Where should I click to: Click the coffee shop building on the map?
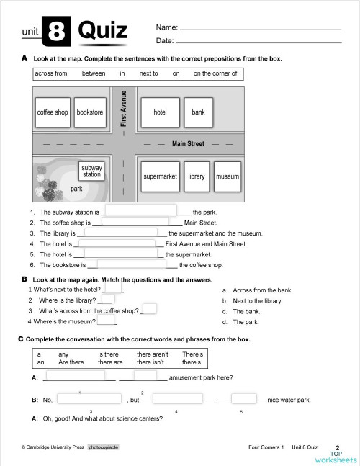[x=53, y=112]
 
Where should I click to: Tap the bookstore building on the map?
[x=90, y=112]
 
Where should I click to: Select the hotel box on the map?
[x=160, y=112]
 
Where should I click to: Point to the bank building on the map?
[x=198, y=112]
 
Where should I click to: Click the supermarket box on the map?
[x=160, y=176]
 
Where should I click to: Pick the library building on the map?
[x=197, y=176]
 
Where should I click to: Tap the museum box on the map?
[x=228, y=176]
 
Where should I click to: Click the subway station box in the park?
[x=91, y=171]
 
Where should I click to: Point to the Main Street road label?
[x=188, y=144]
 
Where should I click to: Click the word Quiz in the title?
[x=102, y=31]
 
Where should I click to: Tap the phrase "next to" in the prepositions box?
[x=148, y=73]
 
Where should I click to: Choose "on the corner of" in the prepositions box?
[x=215, y=73]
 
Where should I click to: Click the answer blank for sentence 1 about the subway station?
[x=141, y=210]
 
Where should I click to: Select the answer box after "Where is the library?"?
[x=108, y=299]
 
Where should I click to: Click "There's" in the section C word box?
[x=192, y=354]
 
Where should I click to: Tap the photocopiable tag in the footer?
[x=103, y=447]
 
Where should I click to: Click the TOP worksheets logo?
[x=336, y=455]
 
